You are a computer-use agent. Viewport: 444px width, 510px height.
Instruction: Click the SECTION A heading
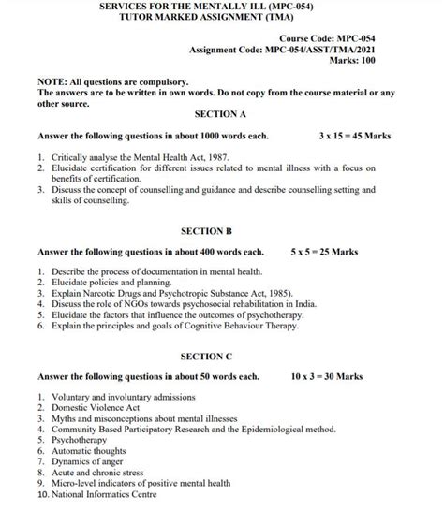219,114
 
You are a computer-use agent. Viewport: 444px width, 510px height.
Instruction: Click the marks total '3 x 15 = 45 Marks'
355,137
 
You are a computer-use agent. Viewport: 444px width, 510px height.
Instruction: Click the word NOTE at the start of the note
52,82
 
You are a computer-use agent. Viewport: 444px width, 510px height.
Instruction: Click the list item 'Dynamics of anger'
89,463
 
